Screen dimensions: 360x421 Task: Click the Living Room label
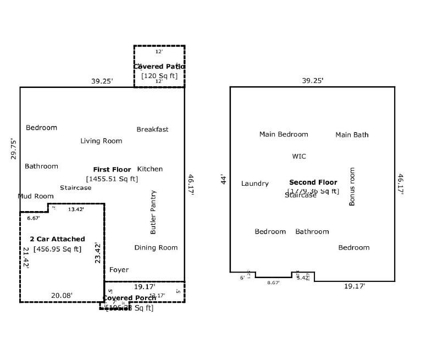101,141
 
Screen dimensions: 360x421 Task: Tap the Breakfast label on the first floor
152,130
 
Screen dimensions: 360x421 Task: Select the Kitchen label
150,169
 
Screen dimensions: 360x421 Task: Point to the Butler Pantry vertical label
153,212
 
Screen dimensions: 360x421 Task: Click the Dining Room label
156,248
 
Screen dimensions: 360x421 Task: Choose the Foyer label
119,270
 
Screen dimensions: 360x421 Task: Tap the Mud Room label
36,196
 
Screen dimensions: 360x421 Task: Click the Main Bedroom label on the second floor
284,135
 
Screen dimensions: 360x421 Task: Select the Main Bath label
352,135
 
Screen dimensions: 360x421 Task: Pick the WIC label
299,157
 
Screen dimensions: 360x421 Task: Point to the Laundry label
255,184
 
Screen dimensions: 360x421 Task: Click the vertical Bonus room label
352,187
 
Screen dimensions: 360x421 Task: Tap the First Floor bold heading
112,170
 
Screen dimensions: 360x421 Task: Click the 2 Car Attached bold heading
57,239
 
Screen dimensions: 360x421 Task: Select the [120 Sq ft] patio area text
159,76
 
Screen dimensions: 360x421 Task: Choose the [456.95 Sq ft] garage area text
57,249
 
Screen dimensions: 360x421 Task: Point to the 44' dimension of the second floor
223,179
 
